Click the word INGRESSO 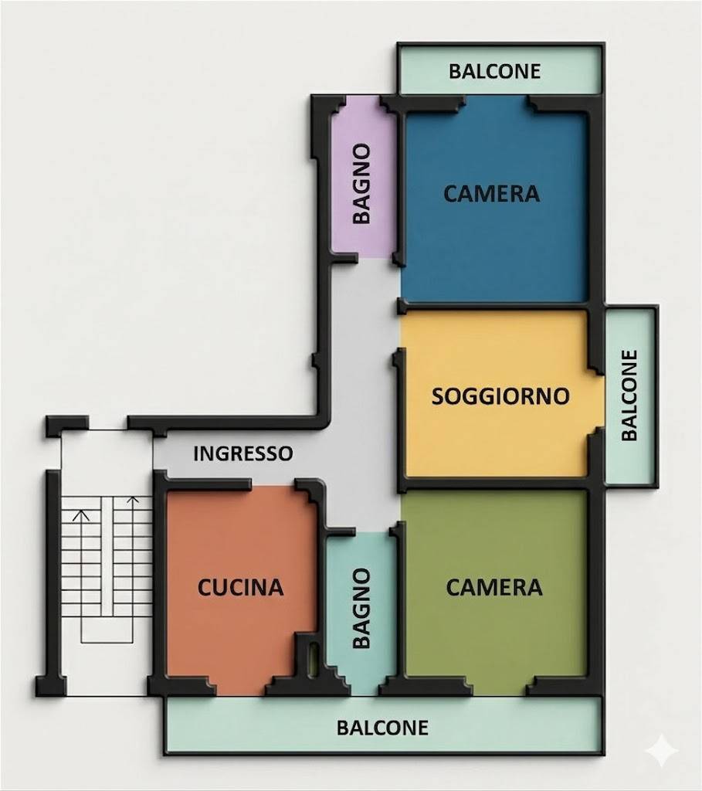pyautogui.click(x=243, y=453)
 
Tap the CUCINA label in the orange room pyautogui.click(x=240, y=588)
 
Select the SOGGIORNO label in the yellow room pyautogui.click(x=500, y=396)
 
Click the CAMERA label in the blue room pyautogui.click(x=492, y=194)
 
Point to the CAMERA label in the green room pyautogui.click(x=494, y=587)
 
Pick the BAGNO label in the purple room pyautogui.click(x=361, y=183)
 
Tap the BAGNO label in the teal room pyautogui.click(x=361, y=608)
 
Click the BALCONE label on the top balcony pyautogui.click(x=495, y=71)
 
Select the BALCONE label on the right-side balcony pyautogui.click(x=629, y=395)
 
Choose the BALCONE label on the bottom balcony pyautogui.click(x=383, y=728)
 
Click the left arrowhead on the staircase pyautogui.click(x=81, y=516)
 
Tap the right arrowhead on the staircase pyautogui.click(x=133, y=500)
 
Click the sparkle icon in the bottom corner pyautogui.click(x=663, y=751)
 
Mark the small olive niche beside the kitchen pyautogui.click(x=313, y=658)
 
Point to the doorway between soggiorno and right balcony pyautogui.click(x=597, y=402)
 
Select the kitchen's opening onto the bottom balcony pyautogui.click(x=241, y=687)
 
